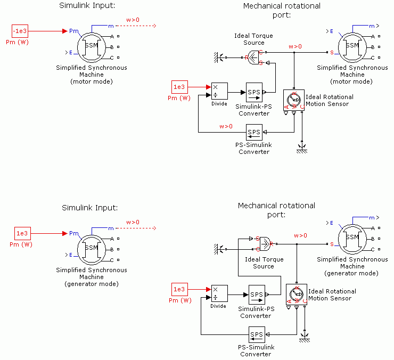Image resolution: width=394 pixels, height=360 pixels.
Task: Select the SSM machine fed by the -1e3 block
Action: pyautogui.click(x=92, y=46)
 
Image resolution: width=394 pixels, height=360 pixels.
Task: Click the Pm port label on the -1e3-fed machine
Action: pyautogui.click(x=73, y=31)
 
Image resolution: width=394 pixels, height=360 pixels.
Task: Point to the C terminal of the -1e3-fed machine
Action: pyautogui.click(x=112, y=58)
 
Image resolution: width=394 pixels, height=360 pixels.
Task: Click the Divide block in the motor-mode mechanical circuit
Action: pyautogui.click(x=219, y=91)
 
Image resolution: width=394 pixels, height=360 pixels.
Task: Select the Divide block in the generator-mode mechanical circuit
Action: pyautogui.click(x=219, y=293)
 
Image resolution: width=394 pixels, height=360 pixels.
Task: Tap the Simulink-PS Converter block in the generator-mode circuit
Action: pyautogui.click(x=257, y=294)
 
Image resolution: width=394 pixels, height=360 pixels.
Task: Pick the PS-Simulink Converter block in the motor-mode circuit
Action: pyautogui.click(x=254, y=132)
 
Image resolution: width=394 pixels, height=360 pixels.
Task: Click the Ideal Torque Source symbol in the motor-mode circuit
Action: pyautogui.click(x=253, y=57)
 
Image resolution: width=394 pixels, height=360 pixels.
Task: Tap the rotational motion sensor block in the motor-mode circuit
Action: pyautogui.click(x=293, y=99)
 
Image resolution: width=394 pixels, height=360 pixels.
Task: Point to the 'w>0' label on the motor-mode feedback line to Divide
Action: pyautogui.click(x=226, y=126)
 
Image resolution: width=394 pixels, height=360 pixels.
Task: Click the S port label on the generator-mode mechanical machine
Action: pyautogui.click(x=332, y=244)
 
